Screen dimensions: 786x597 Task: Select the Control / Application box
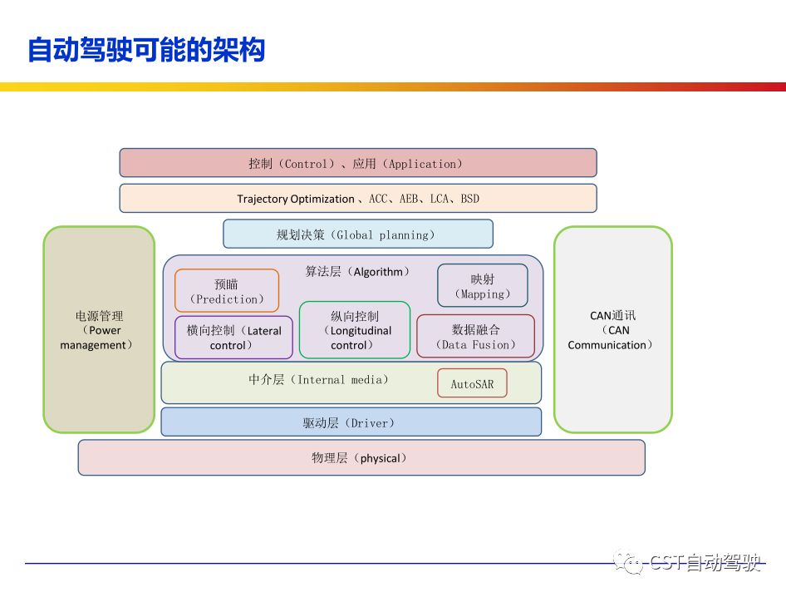point(357,163)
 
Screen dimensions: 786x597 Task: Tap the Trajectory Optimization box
point(357,199)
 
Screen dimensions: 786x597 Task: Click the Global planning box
point(357,234)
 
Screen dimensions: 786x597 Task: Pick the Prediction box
point(226,291)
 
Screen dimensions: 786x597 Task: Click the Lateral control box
point(233,338)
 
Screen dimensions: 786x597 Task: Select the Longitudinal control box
point(355,330)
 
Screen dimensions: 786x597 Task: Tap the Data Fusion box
point(475,337)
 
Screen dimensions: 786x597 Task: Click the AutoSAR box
point(472,384)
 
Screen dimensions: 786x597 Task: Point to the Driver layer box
point(351,422)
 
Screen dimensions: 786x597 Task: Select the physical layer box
point(361,457)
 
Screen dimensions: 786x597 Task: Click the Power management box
point(99,330)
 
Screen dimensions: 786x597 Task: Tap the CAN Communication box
point(612,330)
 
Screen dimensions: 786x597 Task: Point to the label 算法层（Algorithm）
point(358,271)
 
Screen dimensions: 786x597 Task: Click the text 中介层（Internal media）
point(318,379)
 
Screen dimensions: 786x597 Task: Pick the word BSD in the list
point(469,199)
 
